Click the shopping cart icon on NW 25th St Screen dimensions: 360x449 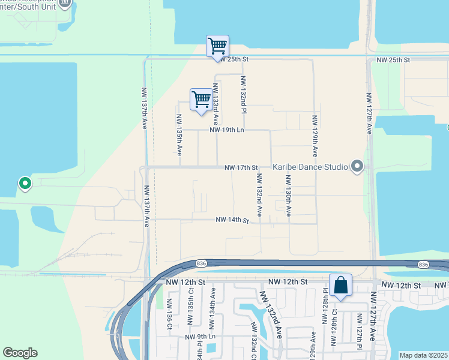217,46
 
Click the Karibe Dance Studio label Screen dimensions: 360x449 310,167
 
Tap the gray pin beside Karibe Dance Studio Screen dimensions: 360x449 358,166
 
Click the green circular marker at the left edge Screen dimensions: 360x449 25,183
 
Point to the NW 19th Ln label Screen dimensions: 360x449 227,130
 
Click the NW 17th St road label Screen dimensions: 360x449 241,167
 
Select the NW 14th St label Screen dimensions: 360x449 232,221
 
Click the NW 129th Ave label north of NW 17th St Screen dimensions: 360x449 314,136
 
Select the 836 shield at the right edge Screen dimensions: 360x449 423,264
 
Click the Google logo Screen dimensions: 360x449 20,353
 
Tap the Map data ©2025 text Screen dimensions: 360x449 423,355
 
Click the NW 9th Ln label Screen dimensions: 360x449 200,337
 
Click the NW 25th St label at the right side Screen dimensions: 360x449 393,61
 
